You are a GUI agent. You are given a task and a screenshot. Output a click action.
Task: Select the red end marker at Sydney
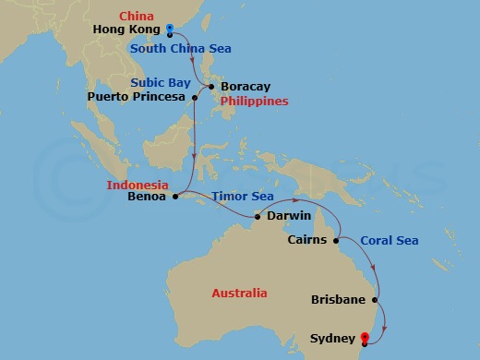coord(366,339)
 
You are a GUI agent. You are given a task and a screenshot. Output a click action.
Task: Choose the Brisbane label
coord(339,301)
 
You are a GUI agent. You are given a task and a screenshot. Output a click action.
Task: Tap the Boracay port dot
coord(212,88)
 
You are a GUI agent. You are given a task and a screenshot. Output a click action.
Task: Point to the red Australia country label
coord(239,294)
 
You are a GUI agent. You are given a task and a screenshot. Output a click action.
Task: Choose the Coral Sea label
coord(389,241)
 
